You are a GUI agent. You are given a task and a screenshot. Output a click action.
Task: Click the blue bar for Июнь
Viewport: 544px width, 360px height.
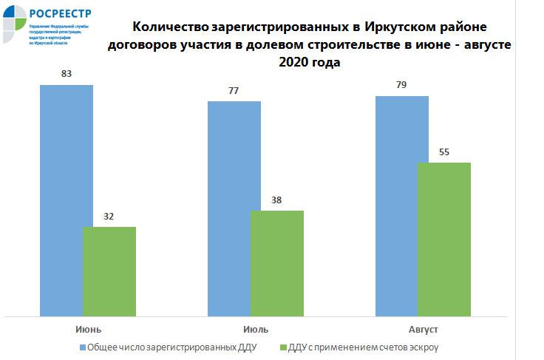67,200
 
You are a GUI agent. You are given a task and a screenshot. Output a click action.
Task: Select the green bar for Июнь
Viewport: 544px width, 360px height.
109,271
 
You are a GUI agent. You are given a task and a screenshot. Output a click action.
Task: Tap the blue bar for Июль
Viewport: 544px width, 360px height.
234,208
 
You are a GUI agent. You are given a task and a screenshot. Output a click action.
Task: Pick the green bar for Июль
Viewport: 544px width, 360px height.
277,262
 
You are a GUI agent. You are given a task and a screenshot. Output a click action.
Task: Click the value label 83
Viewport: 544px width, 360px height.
67,75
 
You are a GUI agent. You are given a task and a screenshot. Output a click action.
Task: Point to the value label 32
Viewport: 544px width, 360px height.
109,217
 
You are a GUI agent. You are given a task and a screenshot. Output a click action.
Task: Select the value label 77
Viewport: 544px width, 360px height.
234,91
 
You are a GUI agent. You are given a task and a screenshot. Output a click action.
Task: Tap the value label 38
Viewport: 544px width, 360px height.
277,200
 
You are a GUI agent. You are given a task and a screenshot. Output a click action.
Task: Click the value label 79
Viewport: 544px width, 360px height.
402,86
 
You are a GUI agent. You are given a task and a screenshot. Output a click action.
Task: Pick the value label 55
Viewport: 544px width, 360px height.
444,152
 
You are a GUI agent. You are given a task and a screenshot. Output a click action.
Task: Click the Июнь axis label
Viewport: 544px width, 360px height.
88,328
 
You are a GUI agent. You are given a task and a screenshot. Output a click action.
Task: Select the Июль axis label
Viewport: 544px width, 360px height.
256,328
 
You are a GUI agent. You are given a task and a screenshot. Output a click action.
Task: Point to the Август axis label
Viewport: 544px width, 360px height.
424,328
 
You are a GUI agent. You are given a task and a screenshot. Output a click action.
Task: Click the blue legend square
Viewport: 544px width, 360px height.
81,346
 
